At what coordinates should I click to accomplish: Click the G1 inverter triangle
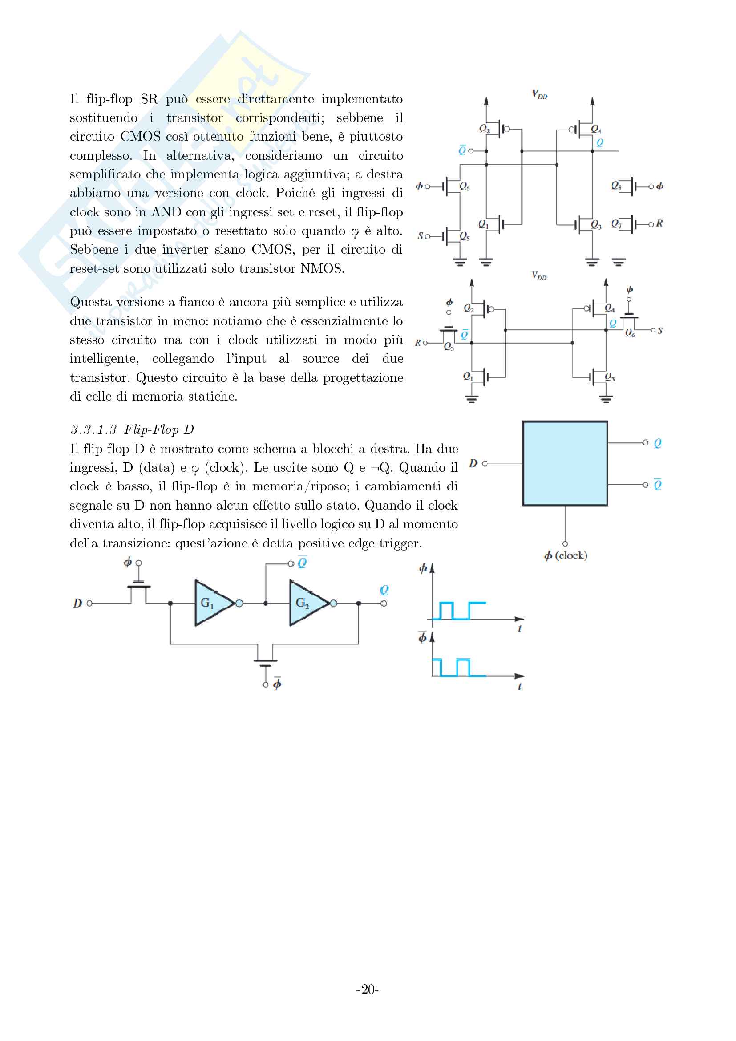point(211,603)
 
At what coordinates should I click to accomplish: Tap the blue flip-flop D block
point(565,463)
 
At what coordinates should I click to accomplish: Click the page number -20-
point(367,989)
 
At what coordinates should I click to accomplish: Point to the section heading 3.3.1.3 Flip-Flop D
point(132,429)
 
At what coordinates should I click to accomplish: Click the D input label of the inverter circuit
point(77,603)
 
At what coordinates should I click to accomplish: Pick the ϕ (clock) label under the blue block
point(566,555)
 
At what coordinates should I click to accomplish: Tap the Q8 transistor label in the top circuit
point(616,186)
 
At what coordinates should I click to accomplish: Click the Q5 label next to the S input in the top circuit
point(465,236)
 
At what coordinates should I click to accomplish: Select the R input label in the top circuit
point(659,223)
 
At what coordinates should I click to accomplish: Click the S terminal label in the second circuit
point(660,331)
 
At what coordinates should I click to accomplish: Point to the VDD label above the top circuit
point(539,94)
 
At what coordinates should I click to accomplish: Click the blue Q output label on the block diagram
point(658,443)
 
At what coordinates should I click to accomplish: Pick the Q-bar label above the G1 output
point(302,563)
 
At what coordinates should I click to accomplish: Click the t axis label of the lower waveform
point(519,686)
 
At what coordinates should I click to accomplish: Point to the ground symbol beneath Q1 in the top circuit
point(486,262)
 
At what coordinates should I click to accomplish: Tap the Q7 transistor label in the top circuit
point(616,223)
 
